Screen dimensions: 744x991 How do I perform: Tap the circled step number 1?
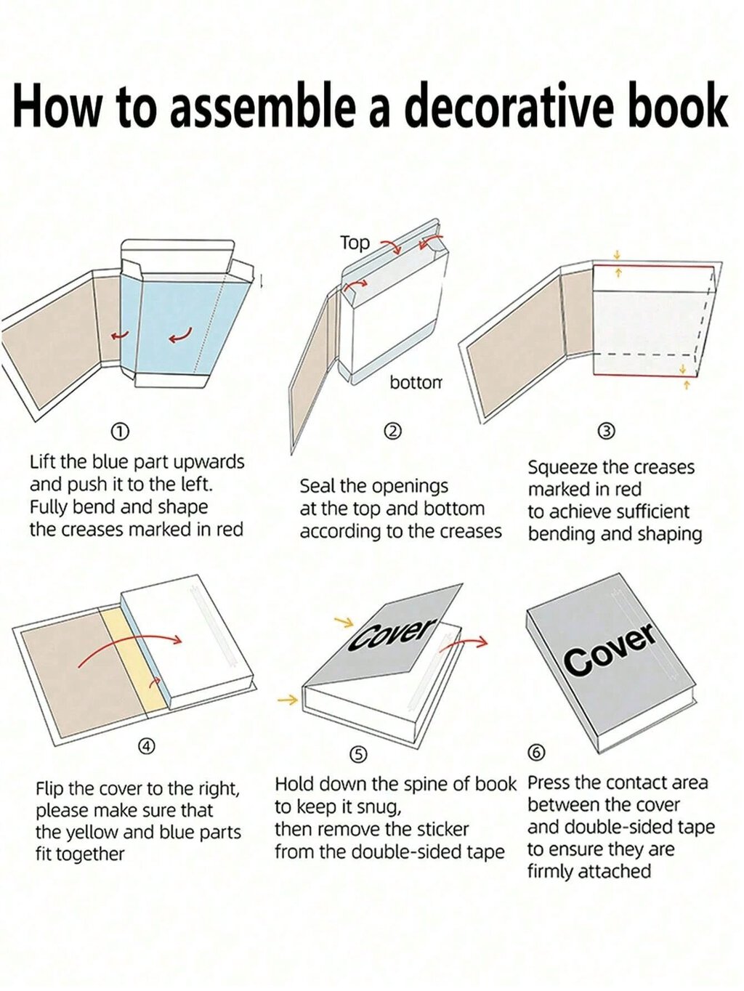(x=118, y=432)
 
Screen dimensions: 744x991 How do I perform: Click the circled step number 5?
(x=359, y=754)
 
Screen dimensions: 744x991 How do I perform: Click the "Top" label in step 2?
(x=355, y=243)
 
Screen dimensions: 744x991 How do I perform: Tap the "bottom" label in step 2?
(x=416, y=383)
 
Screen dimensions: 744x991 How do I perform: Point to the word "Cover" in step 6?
(x=610, y=650)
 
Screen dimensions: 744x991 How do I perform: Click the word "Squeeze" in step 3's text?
(x=559, y=468)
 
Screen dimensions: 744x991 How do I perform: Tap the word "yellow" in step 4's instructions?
(x=94, y=832)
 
